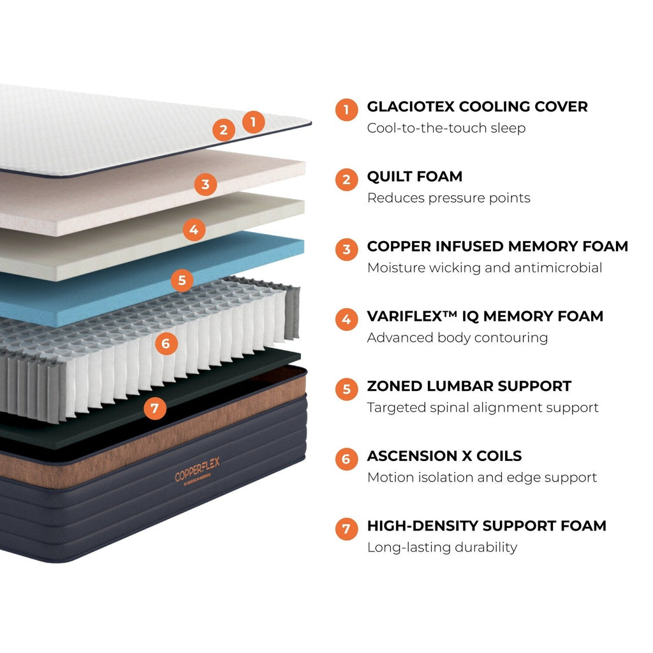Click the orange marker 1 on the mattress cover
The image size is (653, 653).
[x=253, y=121]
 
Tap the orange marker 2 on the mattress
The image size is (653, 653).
[x=223, y=131]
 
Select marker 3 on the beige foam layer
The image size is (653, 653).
[x=205, y=185]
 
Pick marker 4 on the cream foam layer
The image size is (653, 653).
[x=194, y=229]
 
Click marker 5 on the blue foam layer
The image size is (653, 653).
[x=182, y=280]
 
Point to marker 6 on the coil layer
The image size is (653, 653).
[x=166, y=344]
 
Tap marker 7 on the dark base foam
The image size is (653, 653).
[x=155, y=408]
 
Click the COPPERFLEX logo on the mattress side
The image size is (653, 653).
[x=197, y=473]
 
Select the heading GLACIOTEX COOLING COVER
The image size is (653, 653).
[x=477, y=106]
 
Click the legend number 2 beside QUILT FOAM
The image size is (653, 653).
[x=346, y=180]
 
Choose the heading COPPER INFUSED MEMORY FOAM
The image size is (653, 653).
[x=497, y=246]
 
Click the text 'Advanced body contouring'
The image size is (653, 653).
[x=457, y=337]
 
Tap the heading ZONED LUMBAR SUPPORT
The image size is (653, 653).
[x=469, y=386]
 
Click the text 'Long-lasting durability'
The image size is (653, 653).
[x=442, y=547]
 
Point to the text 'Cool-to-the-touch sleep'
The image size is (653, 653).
[x=446, y=128]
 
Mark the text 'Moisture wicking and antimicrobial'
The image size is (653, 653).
[x=485, y=268]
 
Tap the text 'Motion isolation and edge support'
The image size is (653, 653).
[x=482, y=478]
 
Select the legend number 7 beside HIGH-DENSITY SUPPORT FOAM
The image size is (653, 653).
[x=346, y=529]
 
